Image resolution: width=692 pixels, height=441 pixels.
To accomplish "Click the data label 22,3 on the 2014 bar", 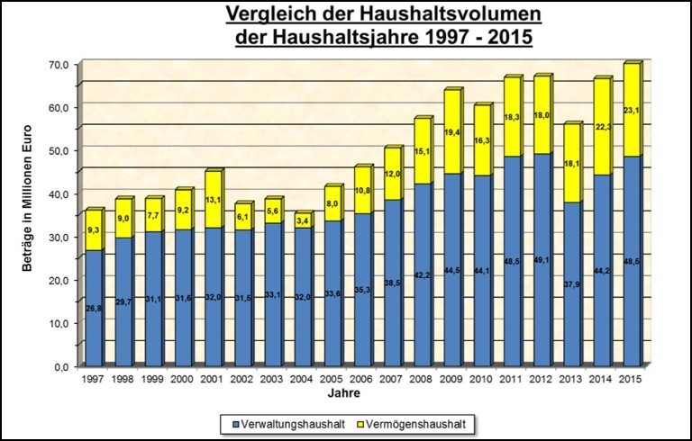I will (605, 128).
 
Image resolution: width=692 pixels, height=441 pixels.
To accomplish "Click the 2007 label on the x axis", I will (391, 379).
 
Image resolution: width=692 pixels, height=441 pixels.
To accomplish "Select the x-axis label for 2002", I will (242, 379).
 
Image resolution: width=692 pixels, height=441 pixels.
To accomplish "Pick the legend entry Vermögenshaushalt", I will (417, 420).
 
